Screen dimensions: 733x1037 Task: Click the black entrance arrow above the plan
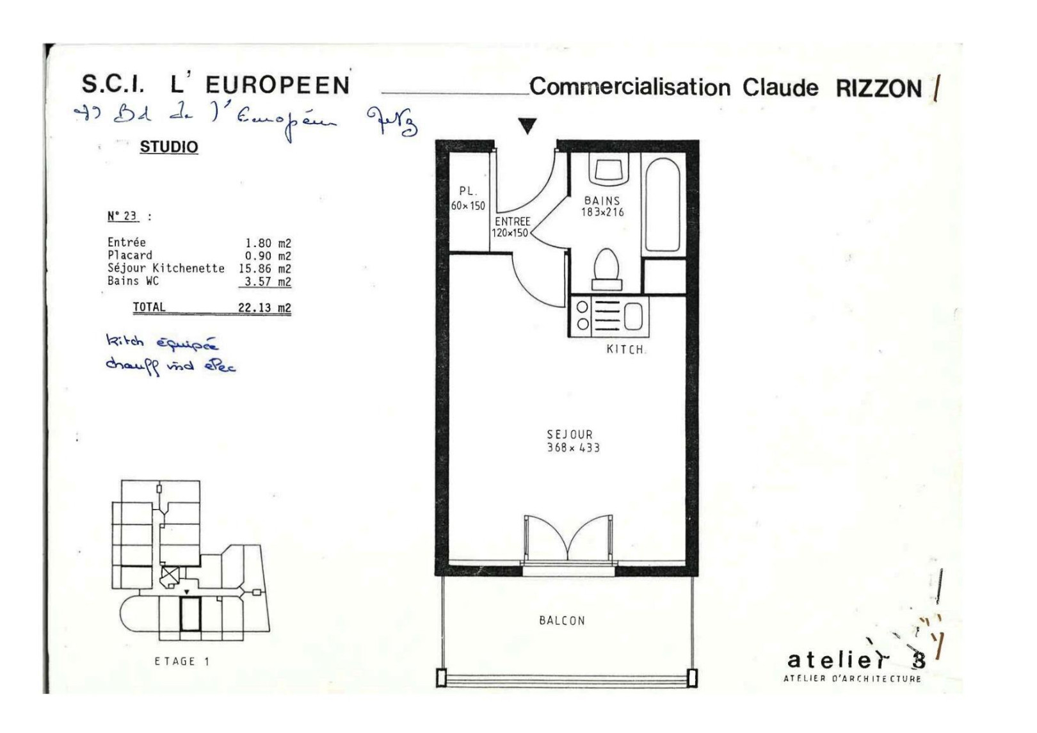(x=527, y=126)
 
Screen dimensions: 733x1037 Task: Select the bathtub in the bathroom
(x=662, y=204)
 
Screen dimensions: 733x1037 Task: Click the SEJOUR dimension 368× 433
(x=573, y=448)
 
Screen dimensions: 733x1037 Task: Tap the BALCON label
(x=561, y=620)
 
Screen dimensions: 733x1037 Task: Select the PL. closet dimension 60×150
(x=468, y=205)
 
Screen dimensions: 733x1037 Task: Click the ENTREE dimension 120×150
(x=510, y=233)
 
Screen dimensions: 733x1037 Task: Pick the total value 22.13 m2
(x=264, y=307)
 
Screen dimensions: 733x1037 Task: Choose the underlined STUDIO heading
(x=169, y=147)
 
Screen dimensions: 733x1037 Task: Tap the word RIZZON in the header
(x=878, y=88)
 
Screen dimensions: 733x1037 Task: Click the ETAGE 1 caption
(x=182, y=661)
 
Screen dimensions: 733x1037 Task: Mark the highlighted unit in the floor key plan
(x=190, y=613)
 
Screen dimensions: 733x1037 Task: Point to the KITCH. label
(x=625, y=350)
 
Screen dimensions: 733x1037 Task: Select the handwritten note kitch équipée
(x=162, y=342)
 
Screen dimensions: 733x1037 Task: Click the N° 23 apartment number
(x=122, y=216)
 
